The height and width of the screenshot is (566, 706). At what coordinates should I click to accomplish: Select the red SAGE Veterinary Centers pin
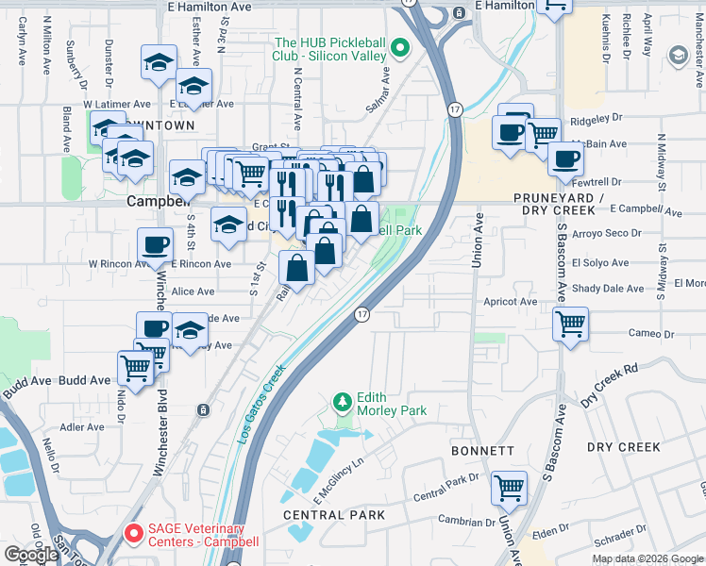click(x=133, y=535)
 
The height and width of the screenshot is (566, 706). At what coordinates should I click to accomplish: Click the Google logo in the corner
click(x=31, y=555)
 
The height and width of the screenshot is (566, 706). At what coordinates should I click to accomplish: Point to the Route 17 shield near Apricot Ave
click(x=361, y=313)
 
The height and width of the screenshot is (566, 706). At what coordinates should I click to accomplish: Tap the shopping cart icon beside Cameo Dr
click(x=571, y=325)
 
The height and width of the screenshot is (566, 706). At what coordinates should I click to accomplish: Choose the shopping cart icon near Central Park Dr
click(x=509, y=489)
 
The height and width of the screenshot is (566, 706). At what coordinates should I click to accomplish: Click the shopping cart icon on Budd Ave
click(x=135, y=367)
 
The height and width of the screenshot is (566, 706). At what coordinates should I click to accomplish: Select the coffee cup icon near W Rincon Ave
click(x=155, y=246)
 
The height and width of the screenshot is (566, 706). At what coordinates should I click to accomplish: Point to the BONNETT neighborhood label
click(x=483, y=453)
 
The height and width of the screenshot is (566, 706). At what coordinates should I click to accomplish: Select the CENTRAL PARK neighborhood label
click(x=334, y=515)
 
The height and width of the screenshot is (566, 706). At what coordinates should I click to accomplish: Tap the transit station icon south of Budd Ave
click(x=203, y=409)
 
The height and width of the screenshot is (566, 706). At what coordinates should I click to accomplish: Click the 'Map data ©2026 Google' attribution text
click(x=647, y=558)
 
